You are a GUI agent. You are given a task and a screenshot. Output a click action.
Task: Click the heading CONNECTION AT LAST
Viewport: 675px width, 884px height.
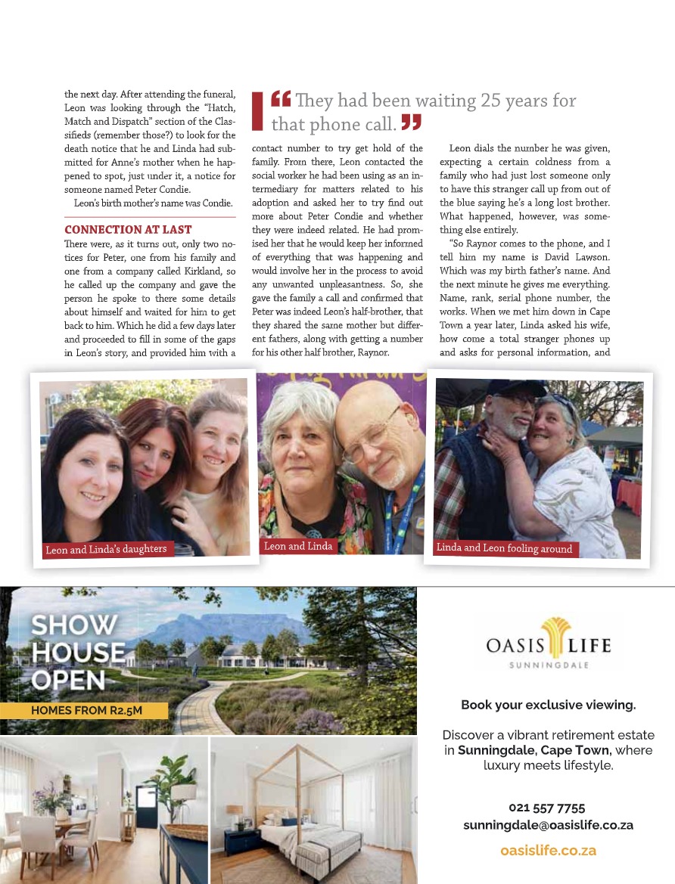point(128,229)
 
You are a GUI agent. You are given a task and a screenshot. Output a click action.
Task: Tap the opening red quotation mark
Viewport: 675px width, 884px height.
point(281,99)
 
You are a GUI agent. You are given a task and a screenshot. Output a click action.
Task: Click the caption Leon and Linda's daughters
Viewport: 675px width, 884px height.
point(106,549)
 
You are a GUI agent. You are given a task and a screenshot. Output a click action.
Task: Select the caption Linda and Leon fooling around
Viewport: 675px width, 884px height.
point(504,548)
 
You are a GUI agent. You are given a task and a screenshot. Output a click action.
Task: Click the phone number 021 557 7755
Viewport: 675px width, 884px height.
point(547,808)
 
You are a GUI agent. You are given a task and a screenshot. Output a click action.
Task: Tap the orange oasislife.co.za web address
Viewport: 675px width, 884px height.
point(548,850)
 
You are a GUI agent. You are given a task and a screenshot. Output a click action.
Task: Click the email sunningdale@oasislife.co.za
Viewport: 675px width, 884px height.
point(548,825)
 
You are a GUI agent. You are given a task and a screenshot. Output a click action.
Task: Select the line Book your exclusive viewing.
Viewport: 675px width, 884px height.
point(548,705)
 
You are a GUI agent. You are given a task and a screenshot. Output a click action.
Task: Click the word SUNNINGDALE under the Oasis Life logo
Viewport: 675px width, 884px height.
point(548,665)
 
